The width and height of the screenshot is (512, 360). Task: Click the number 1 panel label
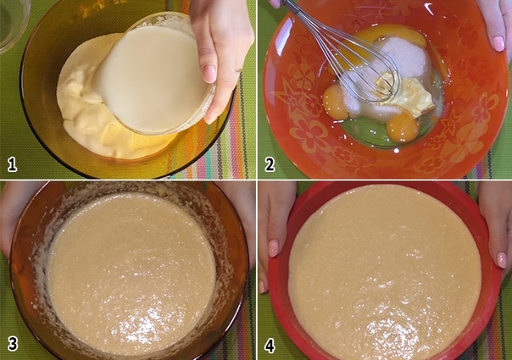12,164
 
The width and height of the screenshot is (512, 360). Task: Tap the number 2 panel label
270,164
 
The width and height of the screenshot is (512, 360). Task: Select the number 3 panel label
13,344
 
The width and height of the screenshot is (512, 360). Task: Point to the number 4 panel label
270,346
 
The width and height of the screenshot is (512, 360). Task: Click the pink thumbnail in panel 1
209,74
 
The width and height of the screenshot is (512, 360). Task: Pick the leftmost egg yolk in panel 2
336,102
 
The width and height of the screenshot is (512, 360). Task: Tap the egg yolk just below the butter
403,127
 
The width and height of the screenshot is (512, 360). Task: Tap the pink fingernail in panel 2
498,43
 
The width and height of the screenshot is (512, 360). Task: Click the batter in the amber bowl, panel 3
131,274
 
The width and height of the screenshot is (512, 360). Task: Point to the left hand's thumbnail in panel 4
273,248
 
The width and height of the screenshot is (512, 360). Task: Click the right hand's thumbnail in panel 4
502,260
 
